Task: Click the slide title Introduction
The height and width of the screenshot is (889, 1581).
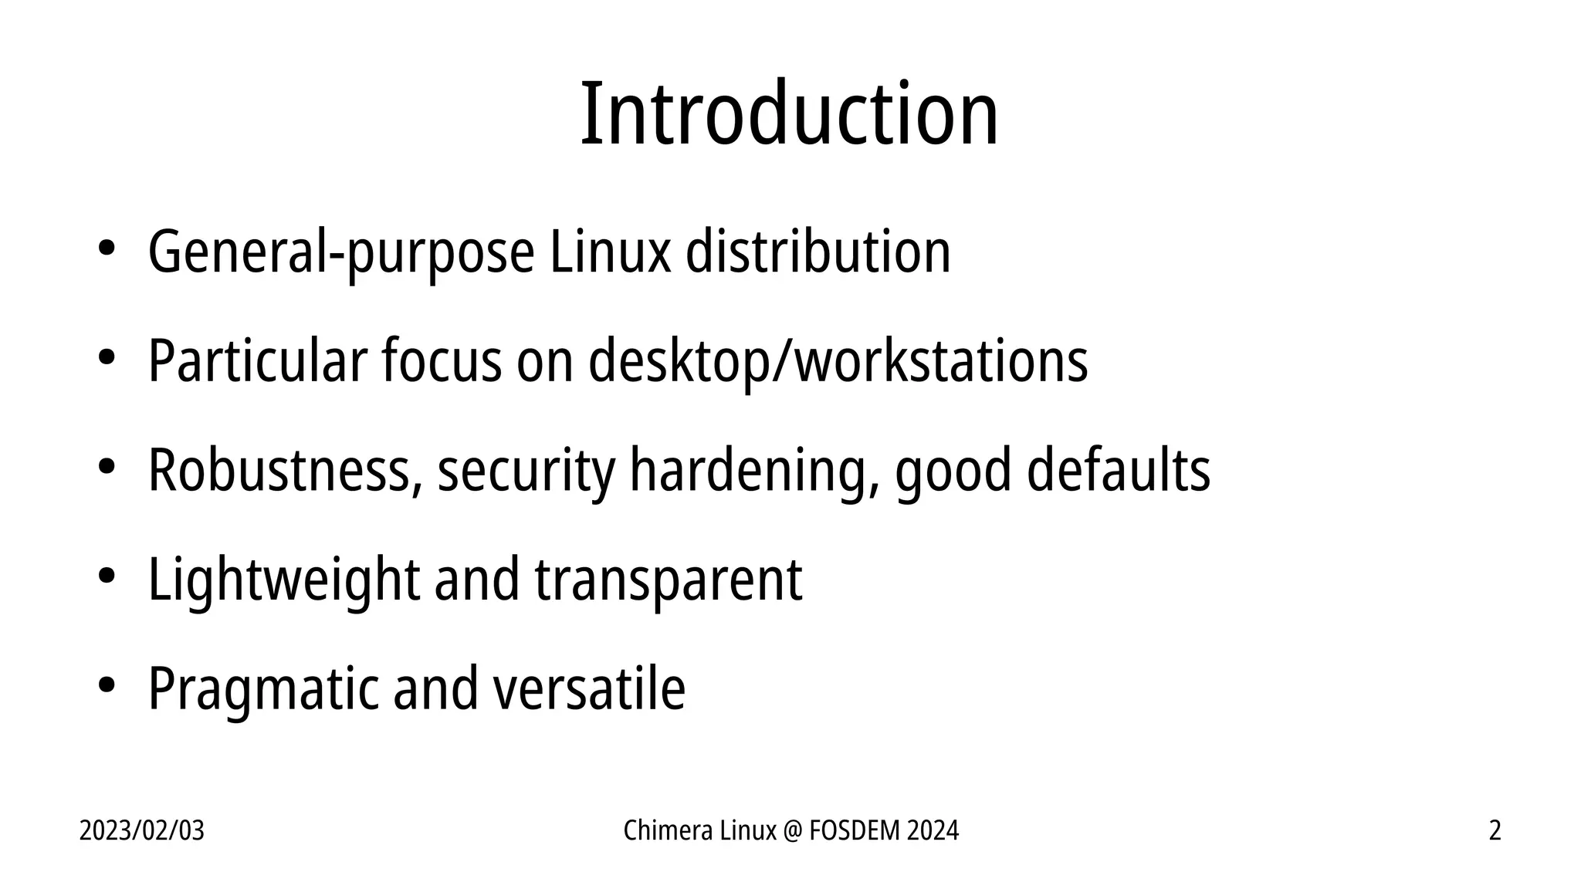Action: pos(789,114)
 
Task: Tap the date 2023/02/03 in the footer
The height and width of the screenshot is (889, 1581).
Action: pos(142,831)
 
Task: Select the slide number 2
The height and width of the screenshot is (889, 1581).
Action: pos(1495,831)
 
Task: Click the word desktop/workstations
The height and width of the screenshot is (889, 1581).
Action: pos(838,361)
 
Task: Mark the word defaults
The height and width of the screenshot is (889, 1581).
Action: pos(1118,471)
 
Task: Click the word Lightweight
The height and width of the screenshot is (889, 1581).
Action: pos(283,580)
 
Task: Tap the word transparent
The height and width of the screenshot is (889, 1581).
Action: pos(669,580)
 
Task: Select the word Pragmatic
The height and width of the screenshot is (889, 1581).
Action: pos(263,689)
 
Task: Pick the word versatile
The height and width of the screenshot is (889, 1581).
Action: pos(589,689)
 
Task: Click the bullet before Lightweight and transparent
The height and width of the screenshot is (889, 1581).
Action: pos(106,576)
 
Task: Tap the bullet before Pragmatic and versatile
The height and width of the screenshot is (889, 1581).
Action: pos(106,686)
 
